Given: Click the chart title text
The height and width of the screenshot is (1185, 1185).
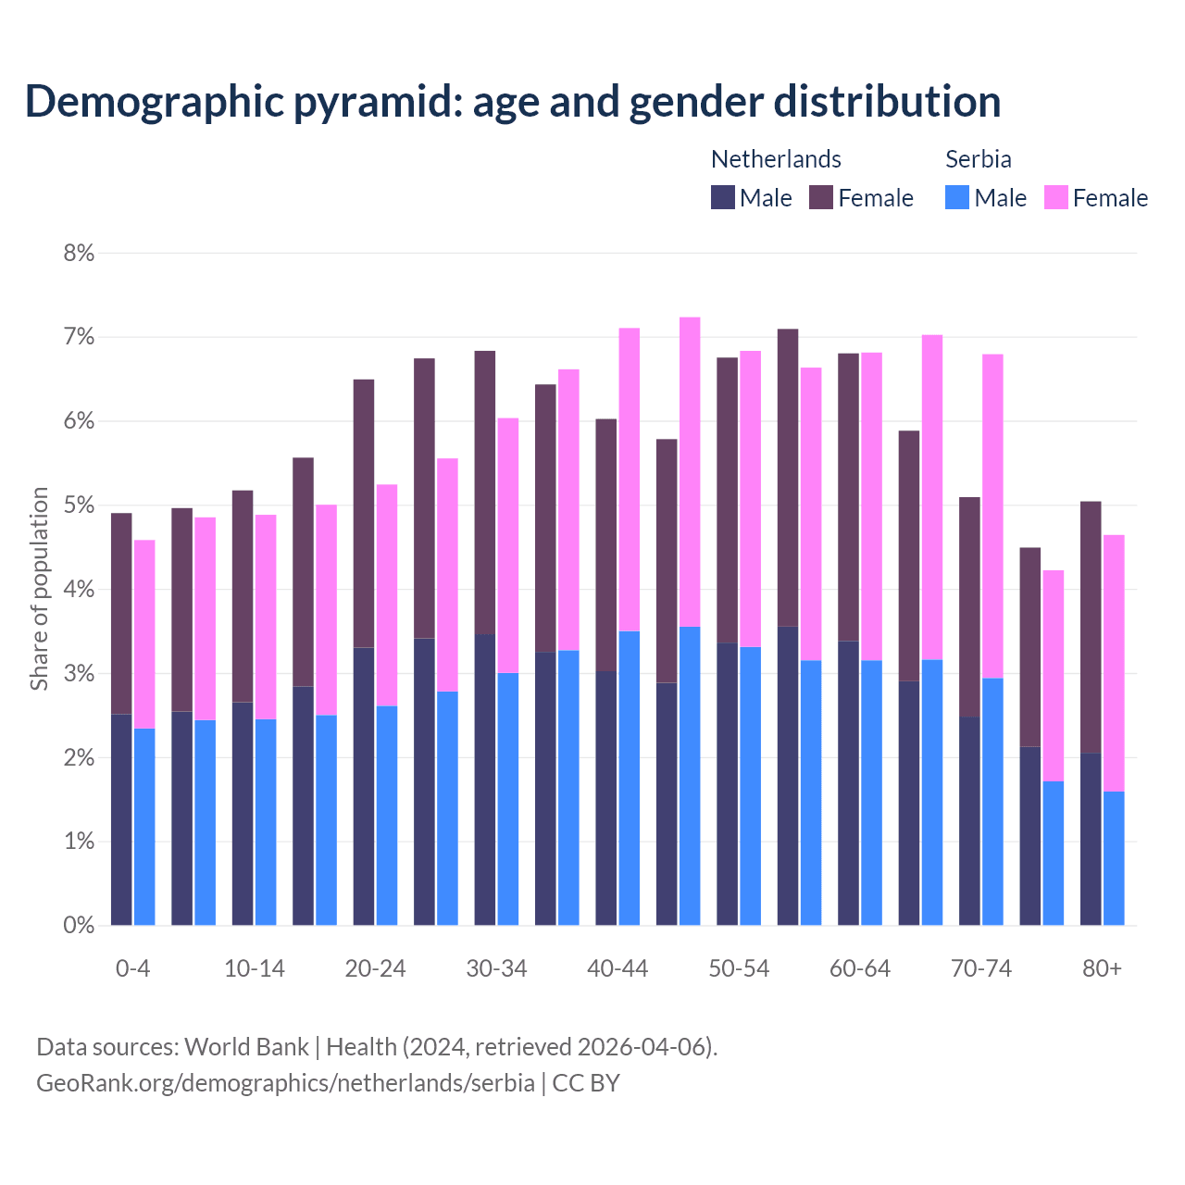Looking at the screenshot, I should click(512, 102).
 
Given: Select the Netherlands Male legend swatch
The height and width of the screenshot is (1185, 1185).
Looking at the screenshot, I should click(723, 197).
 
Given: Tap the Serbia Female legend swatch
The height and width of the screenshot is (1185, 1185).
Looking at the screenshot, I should click(1055, 197).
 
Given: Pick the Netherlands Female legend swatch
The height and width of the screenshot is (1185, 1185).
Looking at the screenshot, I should click(821, 197).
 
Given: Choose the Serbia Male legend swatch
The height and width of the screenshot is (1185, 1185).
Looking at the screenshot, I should click(957, 197).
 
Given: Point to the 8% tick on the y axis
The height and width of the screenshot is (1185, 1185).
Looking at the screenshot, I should click(79, 253).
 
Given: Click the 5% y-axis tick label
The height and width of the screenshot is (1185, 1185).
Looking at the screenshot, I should click(79, 505).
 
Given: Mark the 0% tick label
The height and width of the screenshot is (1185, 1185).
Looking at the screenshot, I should click(79, 925).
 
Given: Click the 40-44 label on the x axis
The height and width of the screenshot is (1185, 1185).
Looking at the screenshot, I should click(617, 969).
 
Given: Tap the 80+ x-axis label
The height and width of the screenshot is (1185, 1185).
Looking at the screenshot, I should click(1102, 969).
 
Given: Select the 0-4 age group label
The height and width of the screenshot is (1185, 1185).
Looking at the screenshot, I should click(132, 969).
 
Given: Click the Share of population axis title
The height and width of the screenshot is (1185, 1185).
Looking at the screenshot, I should click(39, 589).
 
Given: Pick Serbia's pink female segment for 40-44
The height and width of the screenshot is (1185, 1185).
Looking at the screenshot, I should click(630, 480).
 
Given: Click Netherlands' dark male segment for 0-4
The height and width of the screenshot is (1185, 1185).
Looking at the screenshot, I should click(121, 819).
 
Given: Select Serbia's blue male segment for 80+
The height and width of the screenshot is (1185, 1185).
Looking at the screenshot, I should click(1114, 858).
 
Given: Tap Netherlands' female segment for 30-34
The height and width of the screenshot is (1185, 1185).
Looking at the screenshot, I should click(485, 493).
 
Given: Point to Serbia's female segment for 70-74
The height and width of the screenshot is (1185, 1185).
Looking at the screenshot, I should click(992, 516).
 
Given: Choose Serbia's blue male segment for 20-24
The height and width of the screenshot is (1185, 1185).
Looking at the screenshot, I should click(387, 815).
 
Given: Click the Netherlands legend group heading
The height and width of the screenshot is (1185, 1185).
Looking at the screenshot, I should click(776, 159).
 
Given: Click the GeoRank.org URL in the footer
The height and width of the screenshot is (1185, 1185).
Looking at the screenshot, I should click(285, 1082).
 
